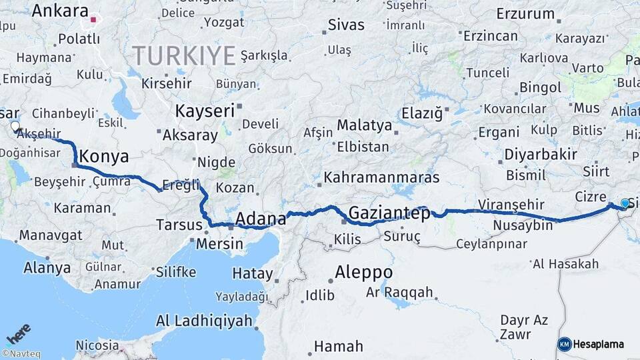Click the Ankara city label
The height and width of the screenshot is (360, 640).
pos(60,11)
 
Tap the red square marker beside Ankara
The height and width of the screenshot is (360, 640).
pos(94,20)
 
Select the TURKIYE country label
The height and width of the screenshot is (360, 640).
pos(183,54)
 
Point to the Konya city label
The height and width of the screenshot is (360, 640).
pos(104,157)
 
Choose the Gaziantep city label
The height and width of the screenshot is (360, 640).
pos(389,213)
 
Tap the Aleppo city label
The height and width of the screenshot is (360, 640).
pos(363,273)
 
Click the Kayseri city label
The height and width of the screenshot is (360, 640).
pos(205,111)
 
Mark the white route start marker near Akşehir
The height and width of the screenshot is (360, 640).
pos(15,125)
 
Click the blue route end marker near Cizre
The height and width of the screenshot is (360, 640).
pos(625,203)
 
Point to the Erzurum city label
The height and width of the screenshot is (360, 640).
pos(525,13)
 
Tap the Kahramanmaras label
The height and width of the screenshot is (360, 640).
pos(381,178)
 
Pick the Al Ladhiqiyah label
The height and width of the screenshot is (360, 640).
pos(209,321)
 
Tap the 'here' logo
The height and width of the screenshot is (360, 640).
pos(19,333)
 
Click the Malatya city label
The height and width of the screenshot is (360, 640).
pos(365,125)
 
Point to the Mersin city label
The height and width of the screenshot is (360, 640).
pos(219,244)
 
